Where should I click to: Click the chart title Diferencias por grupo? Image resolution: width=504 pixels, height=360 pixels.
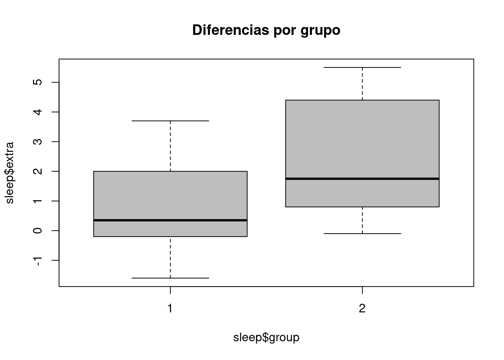click(266, 30)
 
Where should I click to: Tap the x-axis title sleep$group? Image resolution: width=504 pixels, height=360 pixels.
click(266, 337)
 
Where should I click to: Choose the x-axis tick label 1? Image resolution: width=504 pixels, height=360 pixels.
click(170, 309)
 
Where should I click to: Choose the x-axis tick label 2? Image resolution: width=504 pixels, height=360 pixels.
click(362, 309)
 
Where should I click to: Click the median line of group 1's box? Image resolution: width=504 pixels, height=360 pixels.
click(170, 220)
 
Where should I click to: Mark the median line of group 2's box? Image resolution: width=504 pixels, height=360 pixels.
click(362, 178)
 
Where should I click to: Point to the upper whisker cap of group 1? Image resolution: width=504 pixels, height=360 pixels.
click(170, 121)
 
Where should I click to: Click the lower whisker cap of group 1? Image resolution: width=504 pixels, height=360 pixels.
click(170, 278)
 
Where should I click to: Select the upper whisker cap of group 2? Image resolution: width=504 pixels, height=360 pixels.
click(362, 67)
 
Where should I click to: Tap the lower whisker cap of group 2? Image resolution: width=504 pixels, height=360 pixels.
click(362, 234)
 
